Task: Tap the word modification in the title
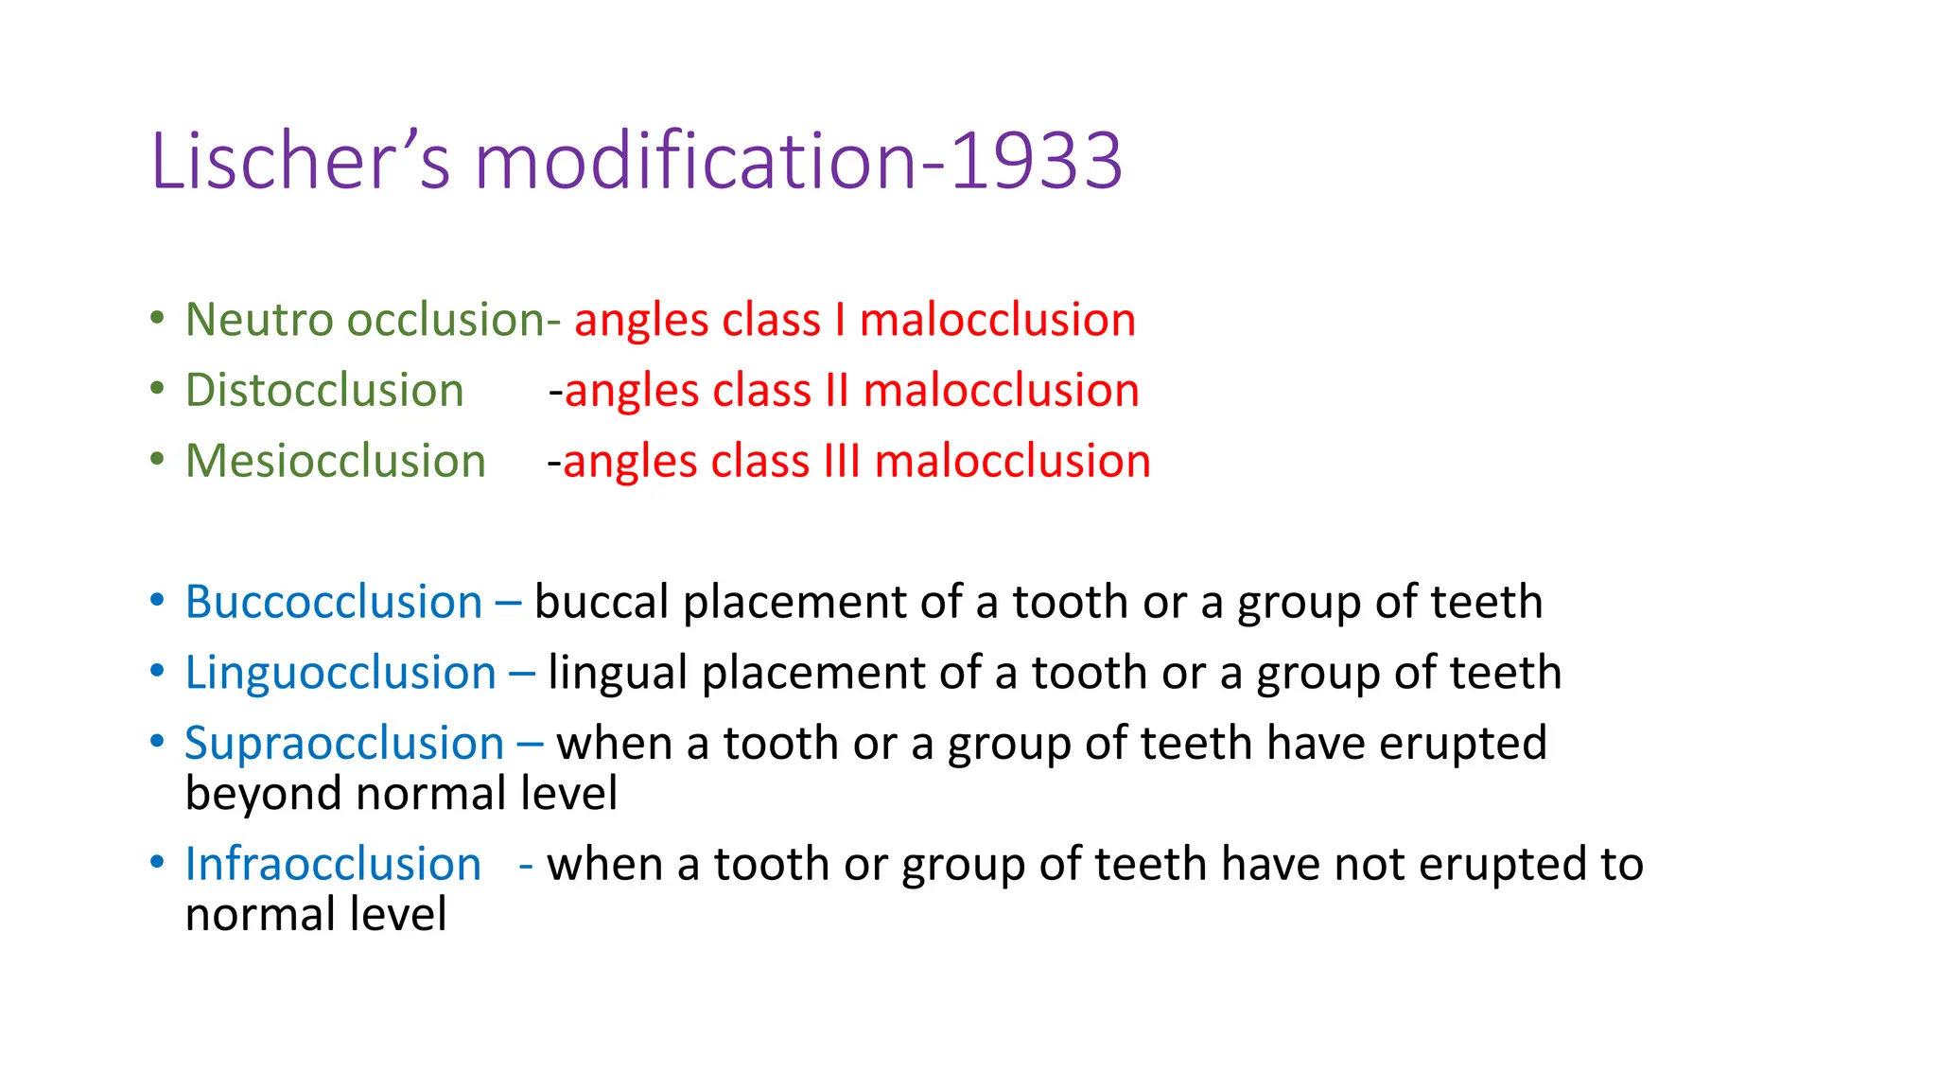(x=695, y=161)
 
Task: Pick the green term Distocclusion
(x=324, y=391)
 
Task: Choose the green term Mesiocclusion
(x=336, y=462)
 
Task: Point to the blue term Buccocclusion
(x=334, y=603)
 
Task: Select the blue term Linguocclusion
(x=340, y=674)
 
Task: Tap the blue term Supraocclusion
(x=344, y=744)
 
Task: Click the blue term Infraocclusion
(x=333, y=865)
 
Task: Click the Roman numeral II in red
(x=837, y=391)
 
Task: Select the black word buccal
(x=602, y=603)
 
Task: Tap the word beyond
(x=264, y=794)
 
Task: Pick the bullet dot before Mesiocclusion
(x=157, y=460)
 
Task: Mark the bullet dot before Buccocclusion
(x=157, y=601)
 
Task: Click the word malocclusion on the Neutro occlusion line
(x=997, y=320)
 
